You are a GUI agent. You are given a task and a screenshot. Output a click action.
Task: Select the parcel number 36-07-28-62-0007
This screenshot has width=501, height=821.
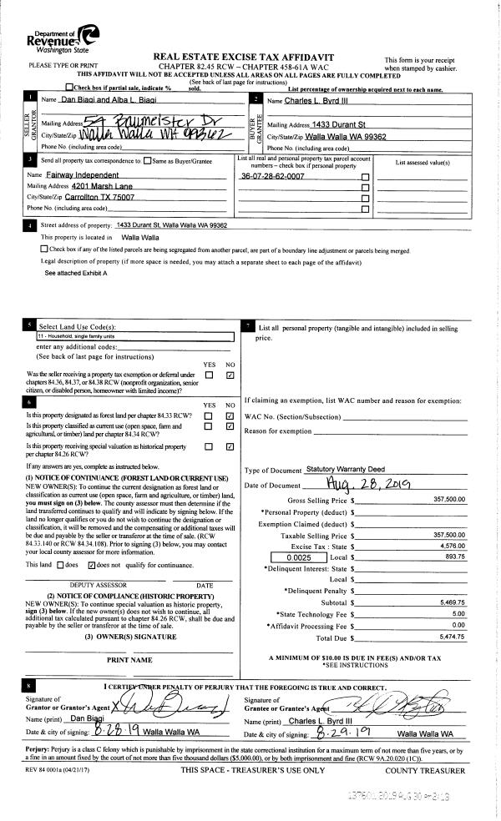coord(271,177)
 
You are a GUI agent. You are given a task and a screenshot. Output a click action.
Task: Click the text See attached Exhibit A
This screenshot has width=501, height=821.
coord(75,273)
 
